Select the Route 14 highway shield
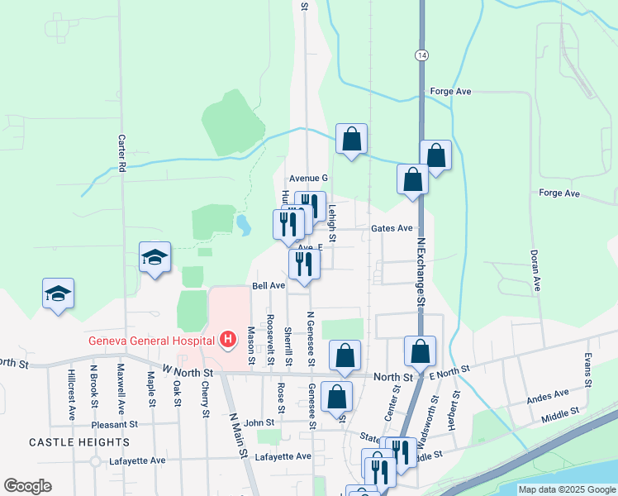[x=422, y=54]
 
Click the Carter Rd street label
[x=121, y=153]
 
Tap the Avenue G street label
[x=308, y=178]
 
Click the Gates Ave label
[x=392, y=228]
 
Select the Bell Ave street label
[x=269, y=285]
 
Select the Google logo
[x=28, y=485]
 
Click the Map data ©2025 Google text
[x=567, y=489]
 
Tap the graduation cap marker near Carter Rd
[x=154, y=258]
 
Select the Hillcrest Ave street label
[x=71, y=389]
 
